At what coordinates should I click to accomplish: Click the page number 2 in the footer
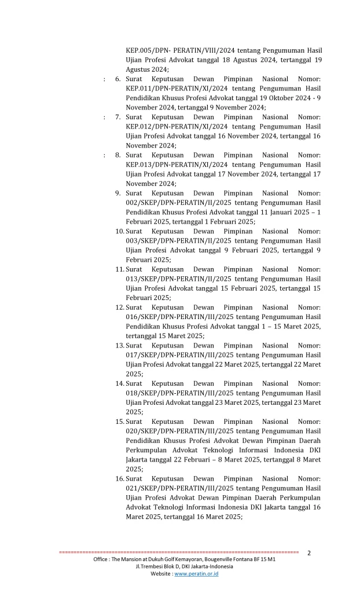click(309, 552)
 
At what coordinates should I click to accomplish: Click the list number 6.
click(117, 79)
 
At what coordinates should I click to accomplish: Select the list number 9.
click(117, 193)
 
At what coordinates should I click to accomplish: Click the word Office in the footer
click(103, 560)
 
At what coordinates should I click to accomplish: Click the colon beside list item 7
click(104, 117)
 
